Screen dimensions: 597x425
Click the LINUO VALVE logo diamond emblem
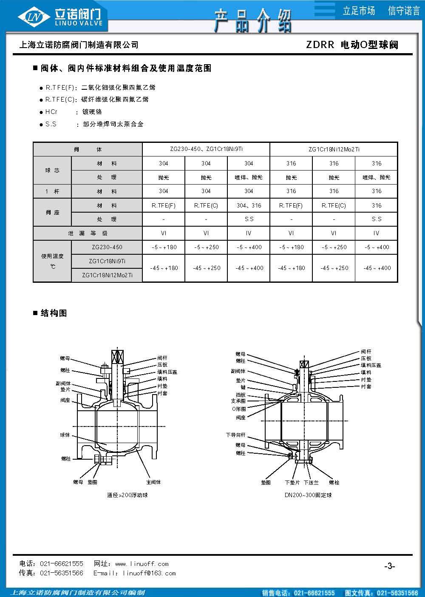[x=33, y=17]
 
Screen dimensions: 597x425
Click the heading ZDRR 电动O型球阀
[x=352, y=45]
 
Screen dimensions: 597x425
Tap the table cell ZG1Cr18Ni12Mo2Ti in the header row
[x=334, y=149]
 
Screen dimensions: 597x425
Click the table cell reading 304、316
[x=249, y=205]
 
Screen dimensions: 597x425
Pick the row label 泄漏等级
[x=88, y=233]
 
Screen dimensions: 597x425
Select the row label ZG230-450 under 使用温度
[x=107, y=247]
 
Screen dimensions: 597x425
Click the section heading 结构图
[x=53, y=313]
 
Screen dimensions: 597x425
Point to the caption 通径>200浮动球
[x=127, y=495]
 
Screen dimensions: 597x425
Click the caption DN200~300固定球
[x=308, y=495]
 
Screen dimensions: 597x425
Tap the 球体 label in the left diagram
[x=65, y=435]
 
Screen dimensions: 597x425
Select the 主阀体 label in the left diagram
[x=153, y=482]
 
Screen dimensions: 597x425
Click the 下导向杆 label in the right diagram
[x=235, y=435]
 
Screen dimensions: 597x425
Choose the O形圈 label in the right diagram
[x=238, y=409]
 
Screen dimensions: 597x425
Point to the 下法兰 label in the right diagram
[x=311, y=483]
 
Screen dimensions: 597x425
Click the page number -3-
[x=389, y=566]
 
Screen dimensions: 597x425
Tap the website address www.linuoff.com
[x=142, y=564]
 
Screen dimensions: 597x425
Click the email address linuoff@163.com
[x=149, y=573]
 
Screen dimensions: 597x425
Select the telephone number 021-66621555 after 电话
[x=62, y=564]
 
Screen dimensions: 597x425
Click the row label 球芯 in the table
[x=52, y=170]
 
